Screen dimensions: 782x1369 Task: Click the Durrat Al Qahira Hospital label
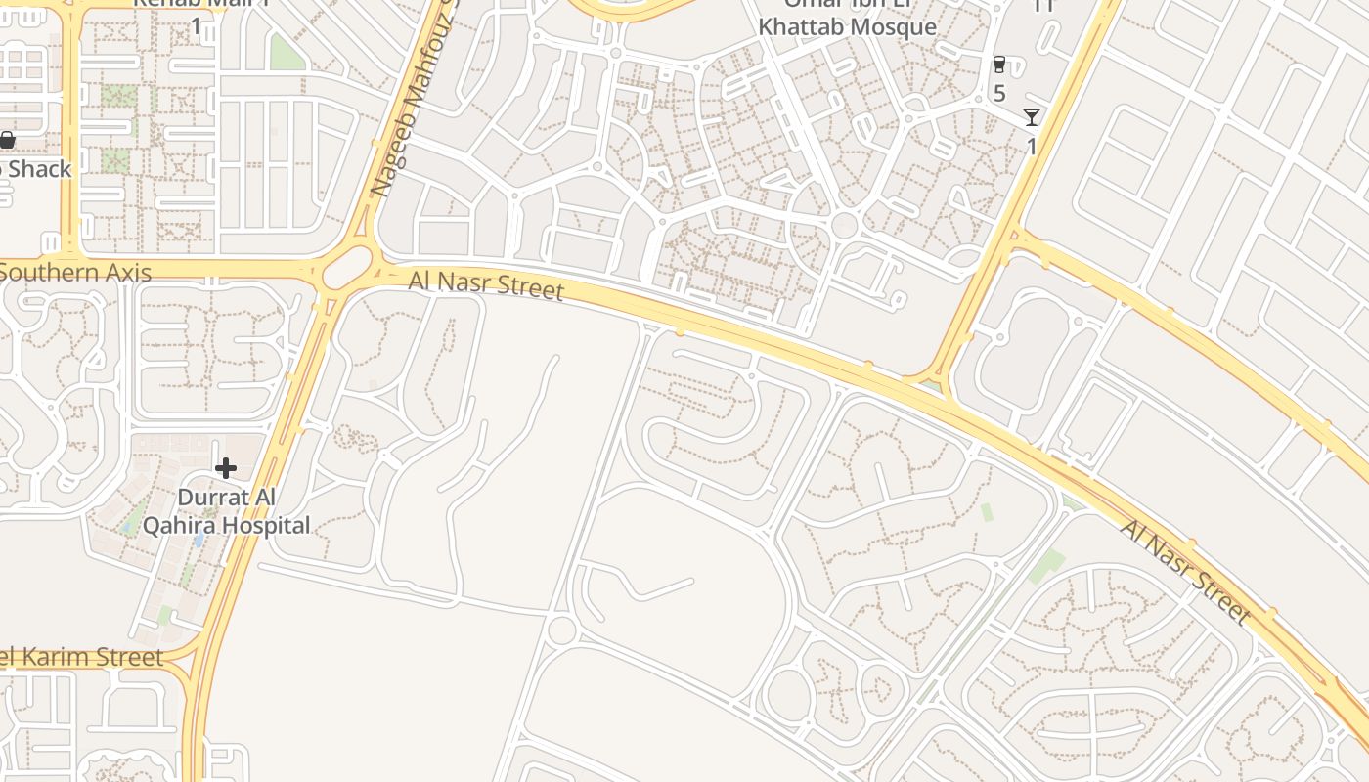coord(226,511)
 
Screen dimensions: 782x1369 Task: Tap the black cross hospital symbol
coord(226,468)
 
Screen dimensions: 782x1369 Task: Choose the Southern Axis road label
coord(75,272)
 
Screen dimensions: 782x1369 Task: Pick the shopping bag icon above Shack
coord(7,141)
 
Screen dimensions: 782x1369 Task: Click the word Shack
coord(39,169)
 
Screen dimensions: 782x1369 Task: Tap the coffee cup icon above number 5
coord(998,65)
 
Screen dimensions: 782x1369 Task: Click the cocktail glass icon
coord(1032,117)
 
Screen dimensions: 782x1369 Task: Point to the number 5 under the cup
coord(998,94)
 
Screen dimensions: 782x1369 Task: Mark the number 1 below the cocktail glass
coord(1032,146)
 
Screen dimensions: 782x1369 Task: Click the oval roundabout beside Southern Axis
coord(348,267)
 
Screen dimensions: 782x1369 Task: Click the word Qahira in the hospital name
coord(181,525)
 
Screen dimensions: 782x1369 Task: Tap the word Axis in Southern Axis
coord(126,272)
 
